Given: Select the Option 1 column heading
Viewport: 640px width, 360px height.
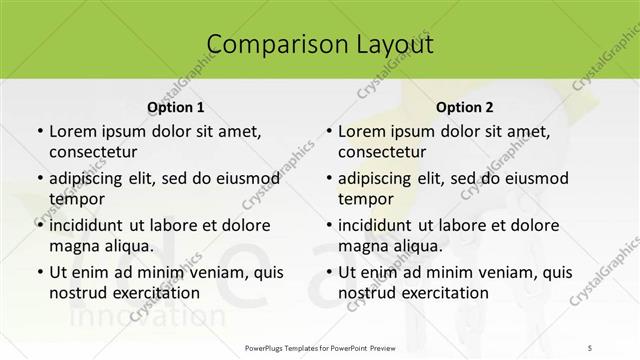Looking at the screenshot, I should (x=175, y=107).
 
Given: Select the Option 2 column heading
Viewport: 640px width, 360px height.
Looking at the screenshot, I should (x=465, y=107).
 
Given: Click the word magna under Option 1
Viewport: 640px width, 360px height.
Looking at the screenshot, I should (x=73, y=245).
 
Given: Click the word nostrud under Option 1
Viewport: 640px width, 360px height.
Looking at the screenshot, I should (x=77, y=292).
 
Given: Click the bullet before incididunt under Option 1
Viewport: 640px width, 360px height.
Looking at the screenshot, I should (x=38, y=225).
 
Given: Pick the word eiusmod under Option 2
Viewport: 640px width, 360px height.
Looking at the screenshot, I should (x=536, y=178).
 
